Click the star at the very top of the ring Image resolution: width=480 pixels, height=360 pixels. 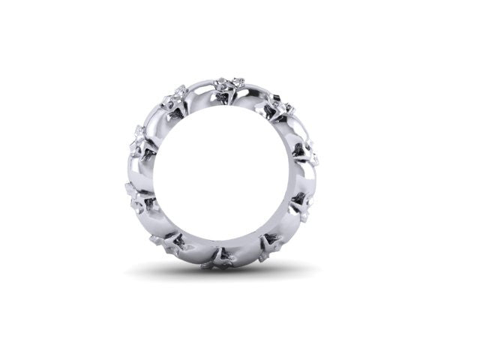[x=228, y=87]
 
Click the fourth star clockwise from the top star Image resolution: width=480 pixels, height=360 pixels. [x=270, y=244]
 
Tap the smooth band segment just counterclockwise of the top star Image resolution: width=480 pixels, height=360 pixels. [x=201, y=90]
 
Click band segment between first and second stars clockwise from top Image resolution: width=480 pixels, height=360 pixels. [x=295, y=129]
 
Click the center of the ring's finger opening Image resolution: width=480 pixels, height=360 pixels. [x=222, y=172]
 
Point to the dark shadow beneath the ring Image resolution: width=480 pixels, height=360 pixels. [x=222, y=271]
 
